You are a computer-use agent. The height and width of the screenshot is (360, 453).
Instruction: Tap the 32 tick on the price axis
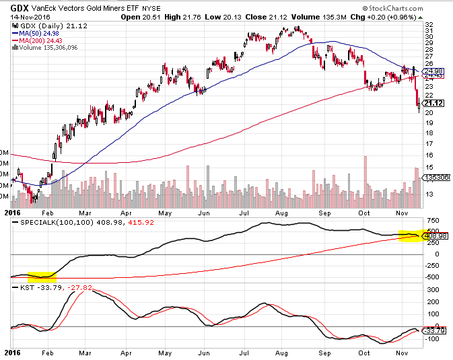click(429, 24)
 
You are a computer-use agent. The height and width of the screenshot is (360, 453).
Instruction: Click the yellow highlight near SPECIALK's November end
click(410, 235)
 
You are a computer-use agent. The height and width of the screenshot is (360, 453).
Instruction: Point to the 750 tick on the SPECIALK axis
click(431, 221)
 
